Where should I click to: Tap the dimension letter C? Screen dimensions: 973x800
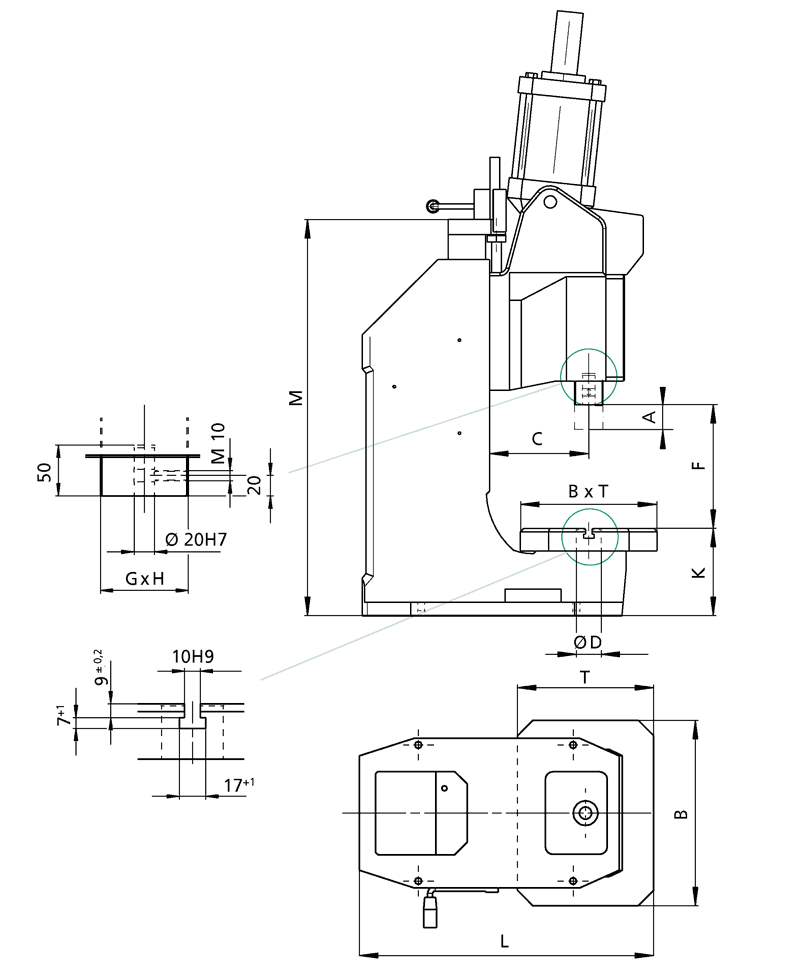(x=536, y=438)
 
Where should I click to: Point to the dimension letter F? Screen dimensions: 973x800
(x=700, y=464)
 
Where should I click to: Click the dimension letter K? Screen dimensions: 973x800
(x=700, y=572)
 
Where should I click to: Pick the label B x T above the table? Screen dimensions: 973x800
(x=587, y=492)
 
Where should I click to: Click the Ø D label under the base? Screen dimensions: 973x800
(x=587, y=641)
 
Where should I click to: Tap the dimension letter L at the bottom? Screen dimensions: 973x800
(x=505, y=941)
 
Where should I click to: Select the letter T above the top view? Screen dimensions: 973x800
(x=585, y=677)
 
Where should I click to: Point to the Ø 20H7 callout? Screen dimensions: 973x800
(x=194, y=540)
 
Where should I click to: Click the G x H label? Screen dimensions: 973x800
(x=145, y=579)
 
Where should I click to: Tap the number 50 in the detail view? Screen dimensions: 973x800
(x=44, y=472)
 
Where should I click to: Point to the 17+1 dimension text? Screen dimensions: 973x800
(x=236, y=785)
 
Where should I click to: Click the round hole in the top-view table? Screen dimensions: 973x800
(x=585, y=814)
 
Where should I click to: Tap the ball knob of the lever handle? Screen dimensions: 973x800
(x=432, y=207)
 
